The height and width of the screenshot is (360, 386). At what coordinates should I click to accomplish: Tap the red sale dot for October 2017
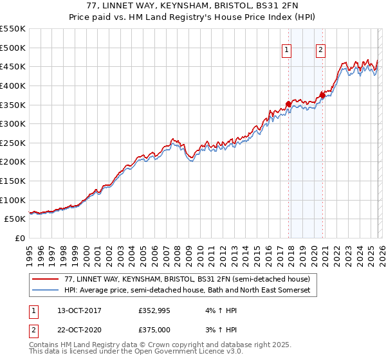pos(288,104)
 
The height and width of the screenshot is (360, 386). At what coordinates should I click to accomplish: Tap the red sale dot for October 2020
pos(322,96)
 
